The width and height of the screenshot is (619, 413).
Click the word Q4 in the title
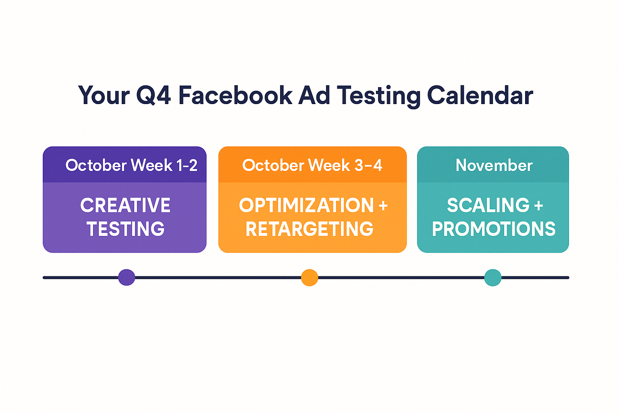pos(154,96)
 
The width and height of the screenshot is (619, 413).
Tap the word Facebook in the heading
pos(235,95)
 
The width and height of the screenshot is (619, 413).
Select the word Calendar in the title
pos(480,95)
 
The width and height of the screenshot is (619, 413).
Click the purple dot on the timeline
pos(127,277)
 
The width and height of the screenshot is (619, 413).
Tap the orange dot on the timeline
pos(309,277)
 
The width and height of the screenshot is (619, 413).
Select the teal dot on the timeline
pos(493,277)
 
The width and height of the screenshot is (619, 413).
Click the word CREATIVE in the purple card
pos(125,205)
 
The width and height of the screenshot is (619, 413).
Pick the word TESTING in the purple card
pos(125,229)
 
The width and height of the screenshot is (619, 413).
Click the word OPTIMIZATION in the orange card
pos(306,205)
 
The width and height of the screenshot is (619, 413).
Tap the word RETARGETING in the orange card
pos(309,229)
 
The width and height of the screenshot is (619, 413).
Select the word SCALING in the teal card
pos(488,205)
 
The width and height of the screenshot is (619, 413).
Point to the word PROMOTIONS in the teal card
pos(494,229)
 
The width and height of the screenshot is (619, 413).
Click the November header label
pos(494,165)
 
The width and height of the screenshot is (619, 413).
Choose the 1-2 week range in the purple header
pos(187,165)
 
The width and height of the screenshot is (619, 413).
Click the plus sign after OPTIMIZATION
pos(383,206)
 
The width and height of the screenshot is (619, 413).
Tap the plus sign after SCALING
pos(538,206)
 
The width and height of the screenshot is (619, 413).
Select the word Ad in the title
pos(314,95)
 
